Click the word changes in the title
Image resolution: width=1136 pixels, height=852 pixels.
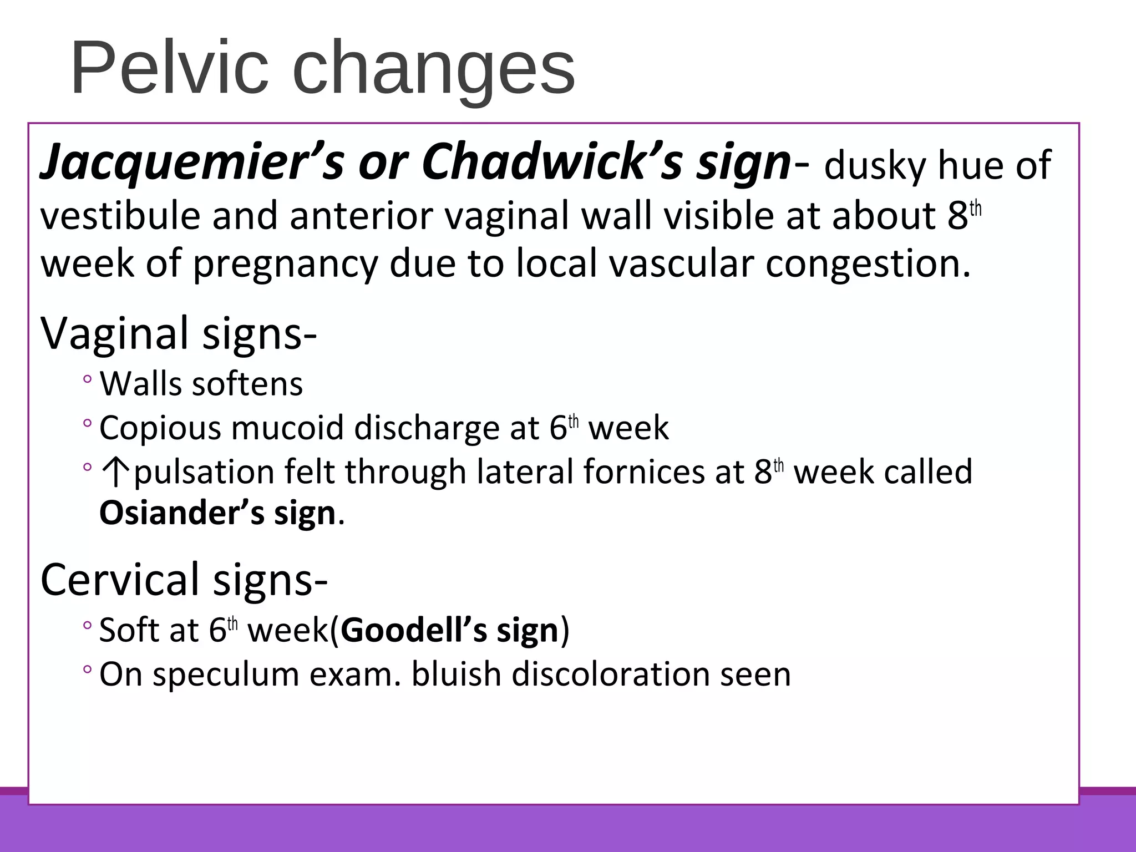click(433, 69)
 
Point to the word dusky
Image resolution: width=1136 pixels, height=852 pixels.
click(872, 165)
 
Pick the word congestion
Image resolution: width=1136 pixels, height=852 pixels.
click(868, 263)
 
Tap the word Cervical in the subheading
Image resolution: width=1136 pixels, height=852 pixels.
click(120, 579)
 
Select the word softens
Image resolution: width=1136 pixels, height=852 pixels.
click(247, 384)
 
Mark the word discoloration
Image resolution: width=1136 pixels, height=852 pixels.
click(610, 674)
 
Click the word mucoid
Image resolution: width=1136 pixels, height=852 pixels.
click(287, 428)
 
